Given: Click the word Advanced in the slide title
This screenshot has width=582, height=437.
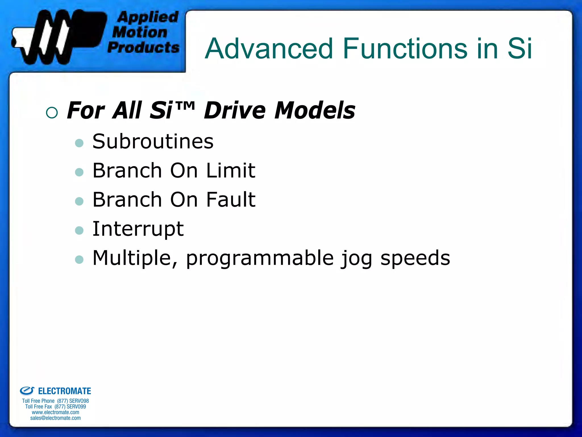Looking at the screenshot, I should (269, 49).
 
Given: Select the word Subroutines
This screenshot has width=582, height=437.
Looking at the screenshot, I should (153, 142).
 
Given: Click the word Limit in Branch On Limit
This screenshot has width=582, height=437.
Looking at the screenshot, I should (231, 171).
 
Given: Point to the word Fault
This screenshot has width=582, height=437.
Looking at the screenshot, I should (231, 200).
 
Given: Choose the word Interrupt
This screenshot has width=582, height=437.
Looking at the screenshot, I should (138, 229).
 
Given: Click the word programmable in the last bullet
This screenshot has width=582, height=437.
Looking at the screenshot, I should (260, 258).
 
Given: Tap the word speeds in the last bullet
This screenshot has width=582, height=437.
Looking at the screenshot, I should (415, 258).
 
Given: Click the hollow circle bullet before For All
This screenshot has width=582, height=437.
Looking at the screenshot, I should (52, 113).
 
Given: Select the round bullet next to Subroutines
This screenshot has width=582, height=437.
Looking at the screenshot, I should (79, 143).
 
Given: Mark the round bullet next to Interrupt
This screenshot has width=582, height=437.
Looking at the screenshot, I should (79, 230).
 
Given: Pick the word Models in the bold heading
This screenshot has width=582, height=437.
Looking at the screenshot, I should (315, 110).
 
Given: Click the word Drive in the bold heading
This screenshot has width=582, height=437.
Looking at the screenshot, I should (235, 110).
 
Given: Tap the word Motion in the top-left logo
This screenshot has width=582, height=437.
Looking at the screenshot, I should (140, 32).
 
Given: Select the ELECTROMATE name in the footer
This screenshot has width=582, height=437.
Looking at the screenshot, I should (64, 391).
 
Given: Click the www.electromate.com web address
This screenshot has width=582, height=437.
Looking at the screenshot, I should (55, 412).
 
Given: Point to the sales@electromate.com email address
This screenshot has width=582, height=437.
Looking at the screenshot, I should (55, 418).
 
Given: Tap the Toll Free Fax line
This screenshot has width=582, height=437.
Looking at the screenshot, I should (55, 407).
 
